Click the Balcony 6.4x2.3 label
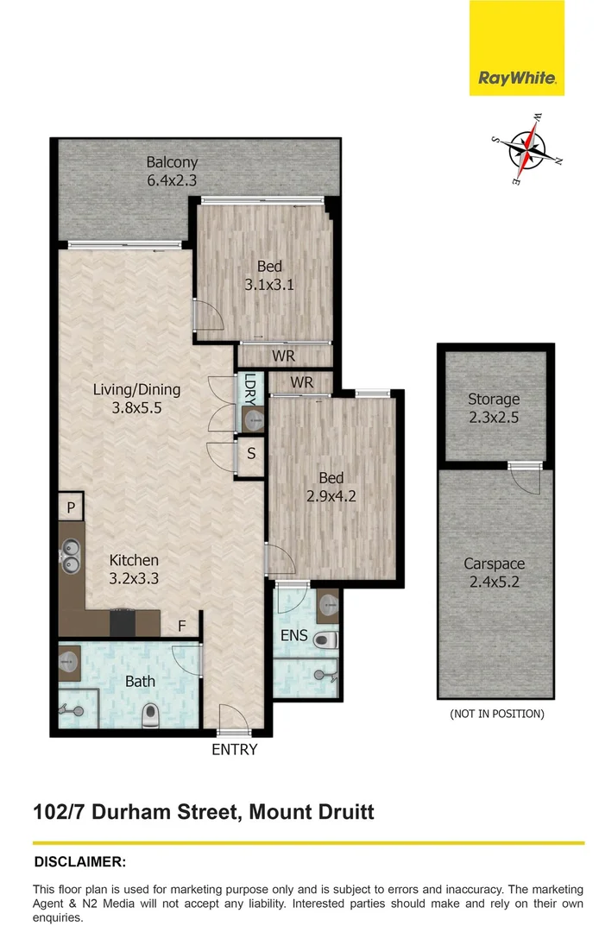pos(172,172)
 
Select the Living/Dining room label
pos(136,399)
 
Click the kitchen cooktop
pos(123,623)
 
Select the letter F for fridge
pos(181,626)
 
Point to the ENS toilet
pos(325,640)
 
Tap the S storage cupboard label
pos(250,452)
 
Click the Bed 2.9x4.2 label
pos(331,487)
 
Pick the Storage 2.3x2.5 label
pos(494,408)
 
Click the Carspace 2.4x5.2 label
pos(494,572)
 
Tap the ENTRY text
pos(235,749)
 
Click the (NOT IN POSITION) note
pos(496,714)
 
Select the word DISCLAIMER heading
pos(79,861)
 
